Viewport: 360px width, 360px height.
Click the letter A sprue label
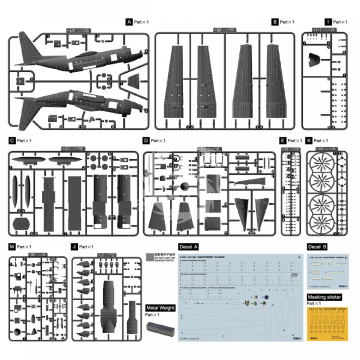tap(128, 21)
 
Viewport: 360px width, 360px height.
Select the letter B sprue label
tap(246, 21)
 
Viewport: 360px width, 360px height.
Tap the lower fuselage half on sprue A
tap(75, 100)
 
